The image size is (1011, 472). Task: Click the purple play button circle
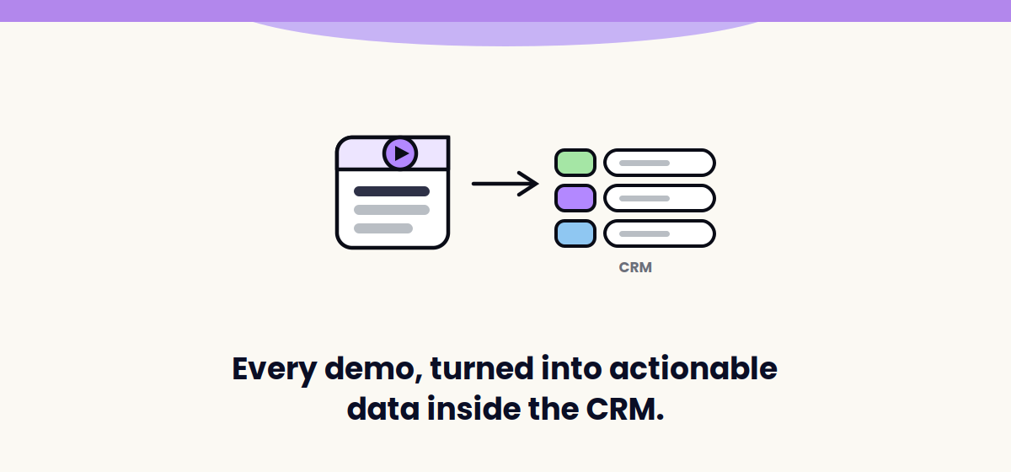pyautogui.click(x=400, y=153)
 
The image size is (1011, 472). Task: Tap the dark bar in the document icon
pyautogui.click(x=391, y=191)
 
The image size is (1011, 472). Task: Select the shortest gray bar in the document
pyautogui.click(x=383, y=228)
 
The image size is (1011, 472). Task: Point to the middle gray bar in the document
pyautogui.click(x=391, y=210)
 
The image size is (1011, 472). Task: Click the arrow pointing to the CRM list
pyautogui.click(x=505, y=184)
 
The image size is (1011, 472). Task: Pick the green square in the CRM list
pyautogui.click(x=575, y=163)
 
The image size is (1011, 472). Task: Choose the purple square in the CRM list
pyautogui.click(x=575, y=198)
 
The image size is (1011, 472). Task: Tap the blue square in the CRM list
pyautogui.click(x=575, y=233)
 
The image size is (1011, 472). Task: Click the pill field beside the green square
pyautogui.click(x=660, y=163)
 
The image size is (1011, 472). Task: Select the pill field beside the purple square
pyautogui.click(x=660, y=198)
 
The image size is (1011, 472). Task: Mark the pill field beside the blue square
pyautogui.click(x=660, y=233)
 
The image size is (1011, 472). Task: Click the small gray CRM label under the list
pyautogui.click(x=635, y=267)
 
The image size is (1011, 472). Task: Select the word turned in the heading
pyautogui.click(x=482, y=368)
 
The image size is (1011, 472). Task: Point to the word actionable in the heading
pyautogui.click(x=693, y=368)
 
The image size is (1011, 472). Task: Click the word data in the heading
pyautogui.click(x=383, y=409)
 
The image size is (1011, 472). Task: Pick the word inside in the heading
pyautogui.click(x=473, y=409)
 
